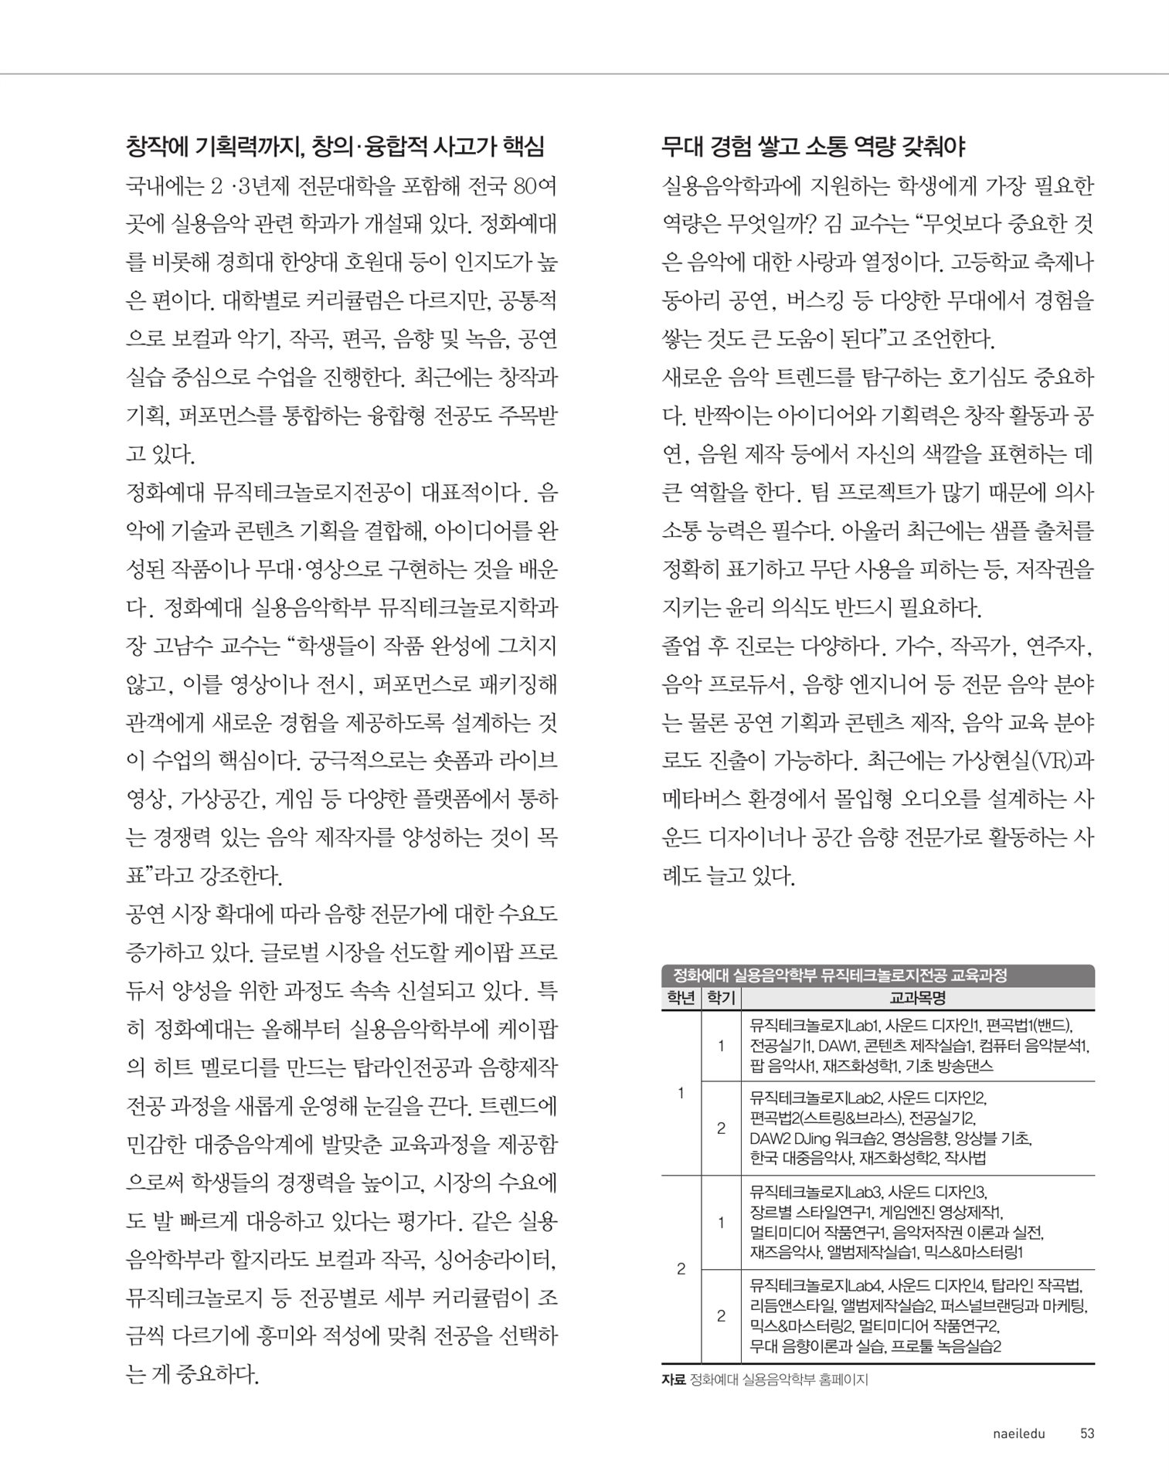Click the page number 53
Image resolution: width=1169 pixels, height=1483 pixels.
click(x=1086, y=1434)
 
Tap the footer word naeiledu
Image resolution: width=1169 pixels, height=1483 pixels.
click(x=1018, y=1434)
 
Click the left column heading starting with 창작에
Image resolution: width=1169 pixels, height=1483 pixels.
click(x=335, y=146)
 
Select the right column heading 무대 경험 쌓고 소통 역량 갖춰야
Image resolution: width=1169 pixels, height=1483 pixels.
click(x=814, y=146)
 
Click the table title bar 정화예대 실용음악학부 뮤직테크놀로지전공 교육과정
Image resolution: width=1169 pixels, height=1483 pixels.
click(x=840, y=976)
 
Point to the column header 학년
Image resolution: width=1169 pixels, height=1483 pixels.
click(x=681, y=998)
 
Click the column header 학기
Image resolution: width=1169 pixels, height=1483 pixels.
click(x=720, y=998)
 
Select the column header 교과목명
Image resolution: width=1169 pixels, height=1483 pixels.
click(x=917, y=998)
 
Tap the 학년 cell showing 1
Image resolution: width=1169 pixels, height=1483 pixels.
click(x=681, y=1093)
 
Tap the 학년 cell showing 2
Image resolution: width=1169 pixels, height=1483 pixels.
click(x=681, y=1269)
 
